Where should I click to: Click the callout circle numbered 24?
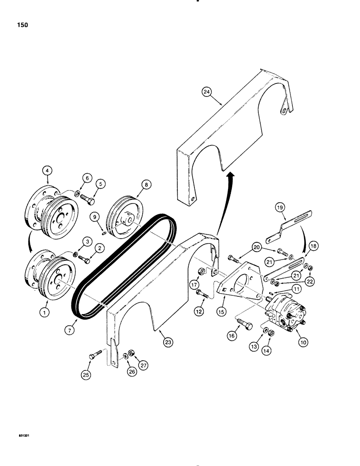point(207,92)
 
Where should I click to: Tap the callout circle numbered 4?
point(48,171)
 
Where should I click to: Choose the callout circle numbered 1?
point(45,314)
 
